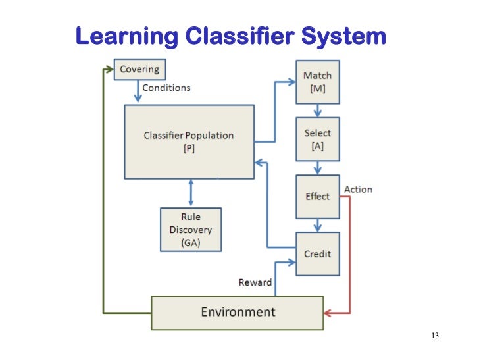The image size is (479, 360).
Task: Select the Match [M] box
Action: point(318,82)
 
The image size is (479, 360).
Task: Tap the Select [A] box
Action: point(318,140)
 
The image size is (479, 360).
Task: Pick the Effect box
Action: point(318,196)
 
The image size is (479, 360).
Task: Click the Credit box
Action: point(318,253)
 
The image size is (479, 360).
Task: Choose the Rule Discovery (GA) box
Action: point(191,230)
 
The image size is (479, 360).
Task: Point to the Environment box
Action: point(238,311)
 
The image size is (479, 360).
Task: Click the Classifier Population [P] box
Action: point(189,141)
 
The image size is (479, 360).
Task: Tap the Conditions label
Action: point(166,88)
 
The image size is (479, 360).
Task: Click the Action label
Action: point(358,190)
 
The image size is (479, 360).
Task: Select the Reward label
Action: point(255,282)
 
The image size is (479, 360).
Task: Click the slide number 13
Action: point(434,336)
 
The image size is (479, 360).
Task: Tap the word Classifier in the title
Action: point(239,36)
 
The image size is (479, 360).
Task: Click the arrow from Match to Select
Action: point(318,111)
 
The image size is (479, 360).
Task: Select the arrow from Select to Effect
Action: point(318,168)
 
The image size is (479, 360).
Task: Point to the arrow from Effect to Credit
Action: point(318,225)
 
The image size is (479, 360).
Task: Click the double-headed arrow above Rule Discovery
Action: point(191,193)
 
